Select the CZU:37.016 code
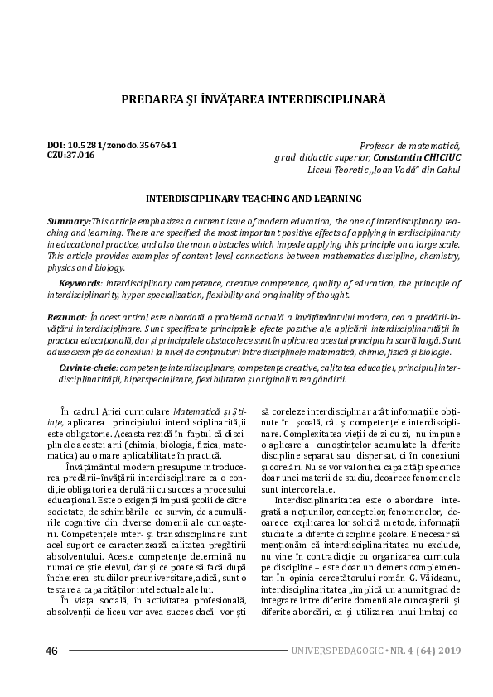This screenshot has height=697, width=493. [71, 155]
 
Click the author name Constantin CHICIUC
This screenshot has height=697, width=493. [404, 157]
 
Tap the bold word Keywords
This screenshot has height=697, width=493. [79, 283]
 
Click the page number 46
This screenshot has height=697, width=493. [51, 651]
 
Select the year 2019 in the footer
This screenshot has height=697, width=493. [446, 651]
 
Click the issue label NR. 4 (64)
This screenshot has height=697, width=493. [402, 651]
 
